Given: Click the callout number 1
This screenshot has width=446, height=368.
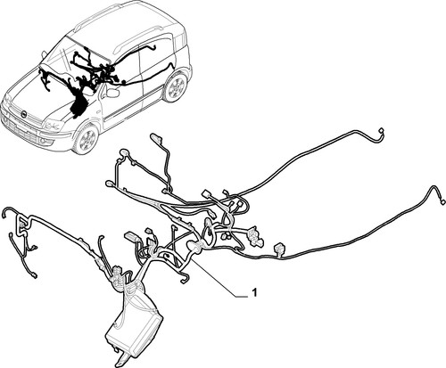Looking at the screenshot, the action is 253,292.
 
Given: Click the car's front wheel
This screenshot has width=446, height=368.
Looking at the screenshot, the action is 86,140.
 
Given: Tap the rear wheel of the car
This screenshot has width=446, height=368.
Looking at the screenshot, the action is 175,86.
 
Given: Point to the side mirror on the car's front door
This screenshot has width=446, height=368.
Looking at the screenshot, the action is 112,93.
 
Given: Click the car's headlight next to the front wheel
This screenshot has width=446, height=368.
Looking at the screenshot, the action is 54,124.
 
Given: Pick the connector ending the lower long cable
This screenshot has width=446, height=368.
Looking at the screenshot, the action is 442,202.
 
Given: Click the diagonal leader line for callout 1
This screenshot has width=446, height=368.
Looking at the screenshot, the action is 214,276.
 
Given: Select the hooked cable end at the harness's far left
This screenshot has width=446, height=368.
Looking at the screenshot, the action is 6,211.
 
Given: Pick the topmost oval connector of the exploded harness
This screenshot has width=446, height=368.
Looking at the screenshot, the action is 157,138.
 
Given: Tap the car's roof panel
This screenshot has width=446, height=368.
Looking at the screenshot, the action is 125,27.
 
